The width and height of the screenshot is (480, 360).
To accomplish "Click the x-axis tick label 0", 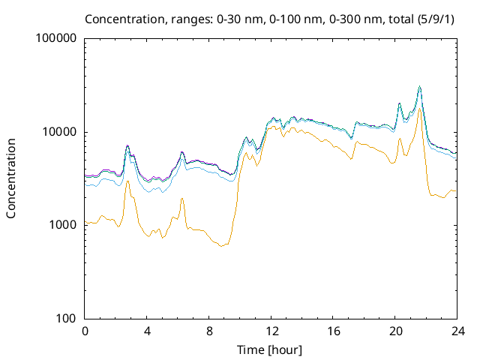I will (85, 331).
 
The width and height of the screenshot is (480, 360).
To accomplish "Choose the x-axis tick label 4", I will (147, 331).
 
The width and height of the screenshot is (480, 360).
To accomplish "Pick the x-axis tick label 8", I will (209, 331).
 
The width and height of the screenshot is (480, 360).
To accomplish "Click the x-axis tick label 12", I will (271, 331).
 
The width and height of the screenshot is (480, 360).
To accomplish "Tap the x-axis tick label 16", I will (333, 331).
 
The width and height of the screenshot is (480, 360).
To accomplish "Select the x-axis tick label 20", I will (395, 331).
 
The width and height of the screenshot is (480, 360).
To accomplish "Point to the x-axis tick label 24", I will (457, 331).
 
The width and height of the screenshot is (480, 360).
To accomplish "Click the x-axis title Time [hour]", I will (271, 349).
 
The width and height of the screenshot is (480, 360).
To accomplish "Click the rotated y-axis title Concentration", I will (11, 178).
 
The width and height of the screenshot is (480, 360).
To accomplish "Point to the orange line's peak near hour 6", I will (182, 199).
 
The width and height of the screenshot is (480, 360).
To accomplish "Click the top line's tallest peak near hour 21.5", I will (420, 86).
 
